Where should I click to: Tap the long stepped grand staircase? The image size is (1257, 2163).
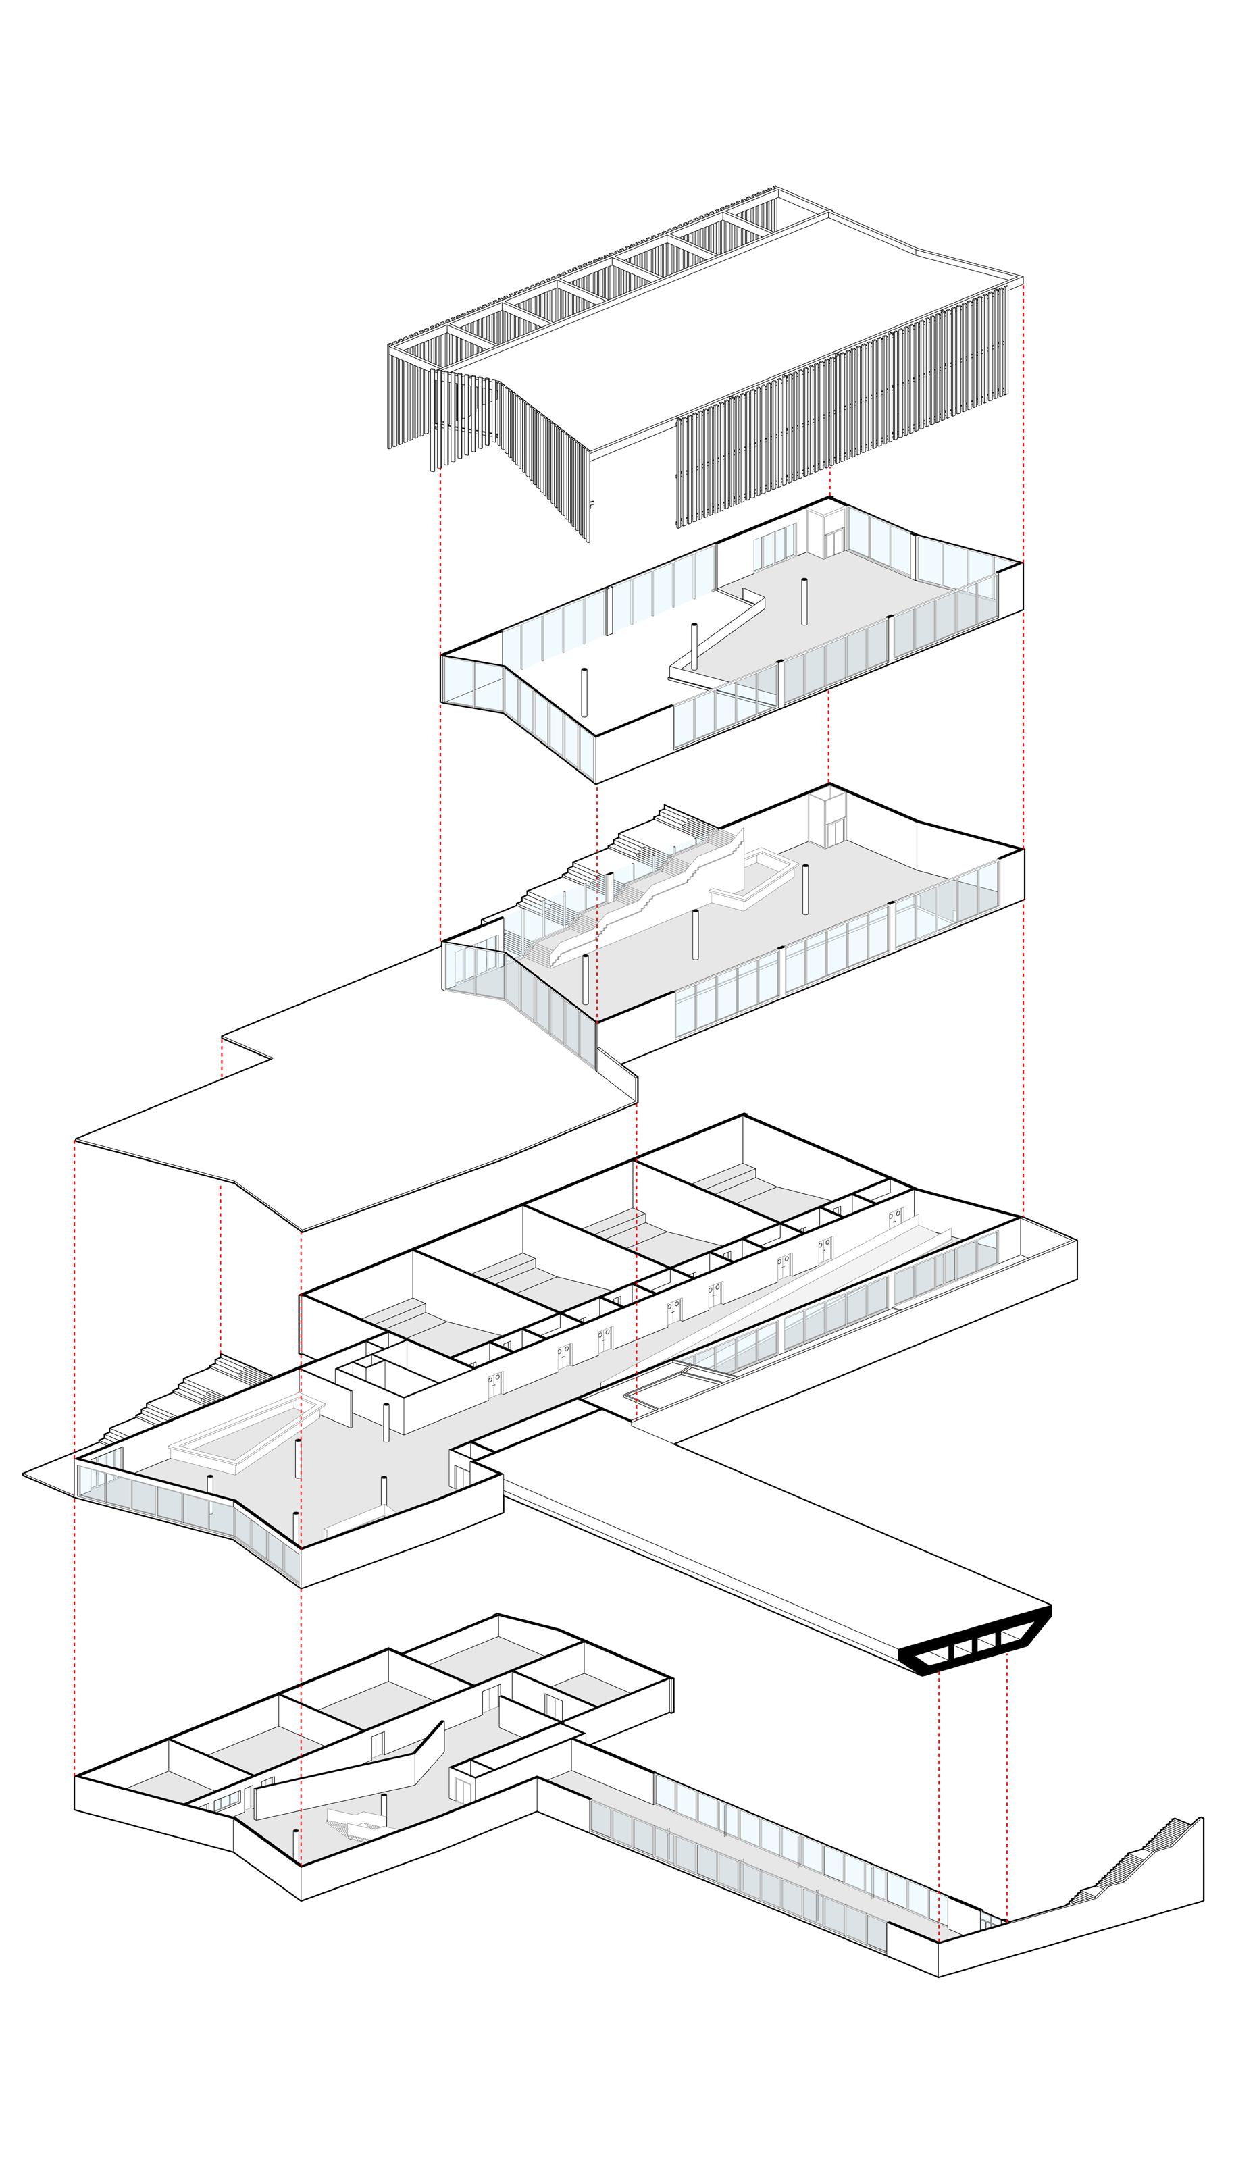click(x=652, y=893)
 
